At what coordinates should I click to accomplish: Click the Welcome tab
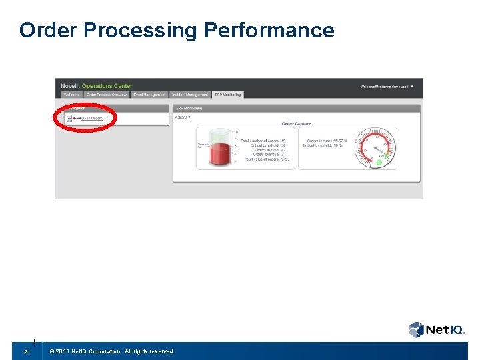tap(71, 95)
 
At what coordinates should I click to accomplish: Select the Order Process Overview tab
tap(106, 95)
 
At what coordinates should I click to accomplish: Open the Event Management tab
tap(149, 95)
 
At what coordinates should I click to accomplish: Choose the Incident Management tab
tap(190, 95)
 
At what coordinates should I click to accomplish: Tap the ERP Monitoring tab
tap(227, 95)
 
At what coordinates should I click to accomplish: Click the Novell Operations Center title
tap(97, 86)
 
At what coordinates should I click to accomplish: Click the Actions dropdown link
tap(182, 117)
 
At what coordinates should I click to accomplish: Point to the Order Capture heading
tap(297, 124)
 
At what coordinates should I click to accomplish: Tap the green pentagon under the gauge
tap(379, 162)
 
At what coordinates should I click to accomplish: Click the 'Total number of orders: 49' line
tap(263, 141)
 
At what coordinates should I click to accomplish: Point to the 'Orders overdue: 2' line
tap(267, 155)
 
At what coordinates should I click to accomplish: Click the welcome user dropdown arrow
tap(412, 86)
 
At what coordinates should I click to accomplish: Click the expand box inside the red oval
tap(69, 118)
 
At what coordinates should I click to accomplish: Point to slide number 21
tap(27, 351)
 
